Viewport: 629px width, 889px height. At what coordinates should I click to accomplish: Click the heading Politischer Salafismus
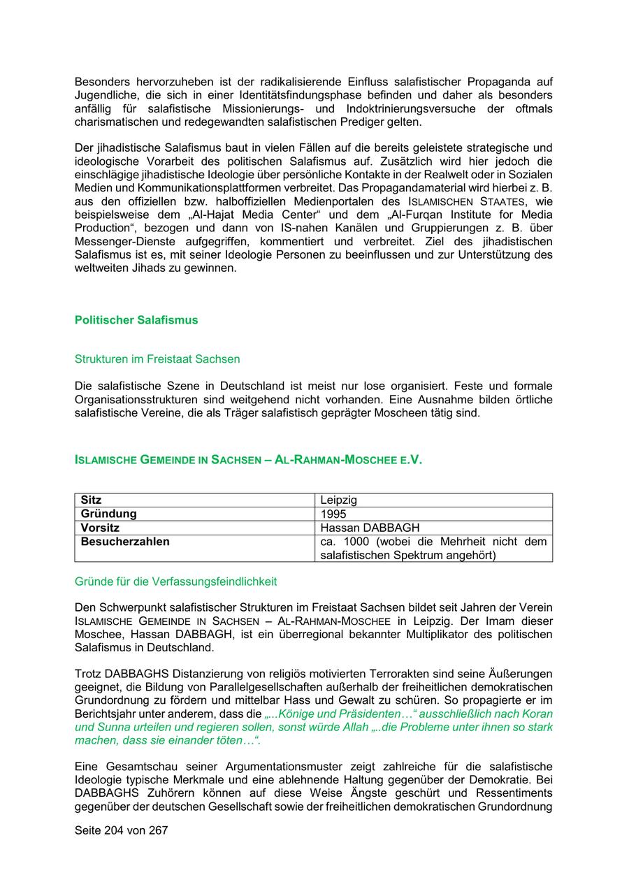(136, 320)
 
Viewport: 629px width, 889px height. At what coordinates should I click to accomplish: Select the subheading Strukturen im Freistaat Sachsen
(157, 359)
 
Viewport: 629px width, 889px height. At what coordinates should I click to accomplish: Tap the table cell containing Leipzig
(339, 500)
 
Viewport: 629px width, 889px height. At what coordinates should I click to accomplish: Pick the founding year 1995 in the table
(333, 514)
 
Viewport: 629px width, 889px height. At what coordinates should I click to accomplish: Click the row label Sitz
(92, 500)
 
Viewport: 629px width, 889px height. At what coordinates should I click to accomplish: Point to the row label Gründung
(109, 514)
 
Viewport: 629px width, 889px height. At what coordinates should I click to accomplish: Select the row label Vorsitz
(101, 528)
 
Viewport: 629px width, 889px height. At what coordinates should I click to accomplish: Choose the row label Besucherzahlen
(125, 542)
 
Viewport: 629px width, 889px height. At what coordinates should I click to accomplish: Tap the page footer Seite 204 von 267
(122, 831)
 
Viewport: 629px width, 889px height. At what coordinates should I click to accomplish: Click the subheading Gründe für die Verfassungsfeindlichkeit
(176, 581)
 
